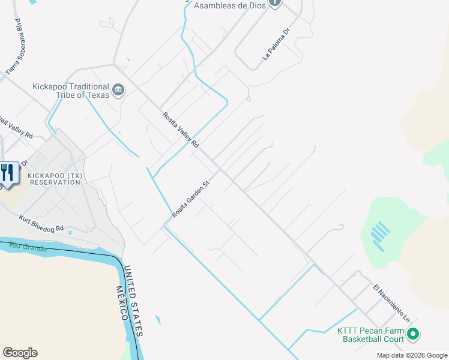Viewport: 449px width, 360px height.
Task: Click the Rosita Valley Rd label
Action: point(180,130)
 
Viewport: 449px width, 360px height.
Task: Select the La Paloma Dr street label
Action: point(276,44)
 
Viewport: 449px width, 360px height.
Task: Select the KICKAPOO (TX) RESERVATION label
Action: point(54,179)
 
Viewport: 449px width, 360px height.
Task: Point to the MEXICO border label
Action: point(124,304)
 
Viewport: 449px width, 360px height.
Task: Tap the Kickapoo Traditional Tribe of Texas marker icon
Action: point(118,91)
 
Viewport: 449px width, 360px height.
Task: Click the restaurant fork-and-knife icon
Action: point(7,172)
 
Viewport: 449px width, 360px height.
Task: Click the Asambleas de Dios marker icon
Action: point(275,3)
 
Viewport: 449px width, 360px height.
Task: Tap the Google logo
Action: point(20,353)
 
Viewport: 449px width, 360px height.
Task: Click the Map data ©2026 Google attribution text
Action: point(411,355)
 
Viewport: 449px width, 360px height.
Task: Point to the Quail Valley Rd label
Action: point(17,127)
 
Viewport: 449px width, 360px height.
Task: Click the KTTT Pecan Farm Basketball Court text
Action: point(370,335)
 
